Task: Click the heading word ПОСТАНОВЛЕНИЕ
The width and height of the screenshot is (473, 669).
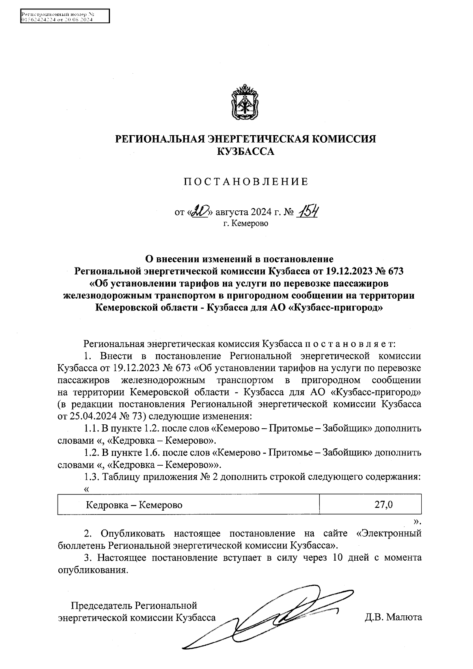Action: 246,182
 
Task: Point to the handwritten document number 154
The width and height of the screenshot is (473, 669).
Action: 309,212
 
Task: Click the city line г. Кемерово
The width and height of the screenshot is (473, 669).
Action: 245,224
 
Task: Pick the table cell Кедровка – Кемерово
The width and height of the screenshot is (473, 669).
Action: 134,505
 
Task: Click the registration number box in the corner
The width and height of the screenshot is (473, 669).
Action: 65,17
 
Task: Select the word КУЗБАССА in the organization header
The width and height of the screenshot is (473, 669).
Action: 246,151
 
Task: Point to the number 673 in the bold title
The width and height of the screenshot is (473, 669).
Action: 396,271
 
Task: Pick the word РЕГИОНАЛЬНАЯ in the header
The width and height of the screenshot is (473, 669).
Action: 159,139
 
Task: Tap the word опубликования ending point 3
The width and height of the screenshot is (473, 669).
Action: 92,570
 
